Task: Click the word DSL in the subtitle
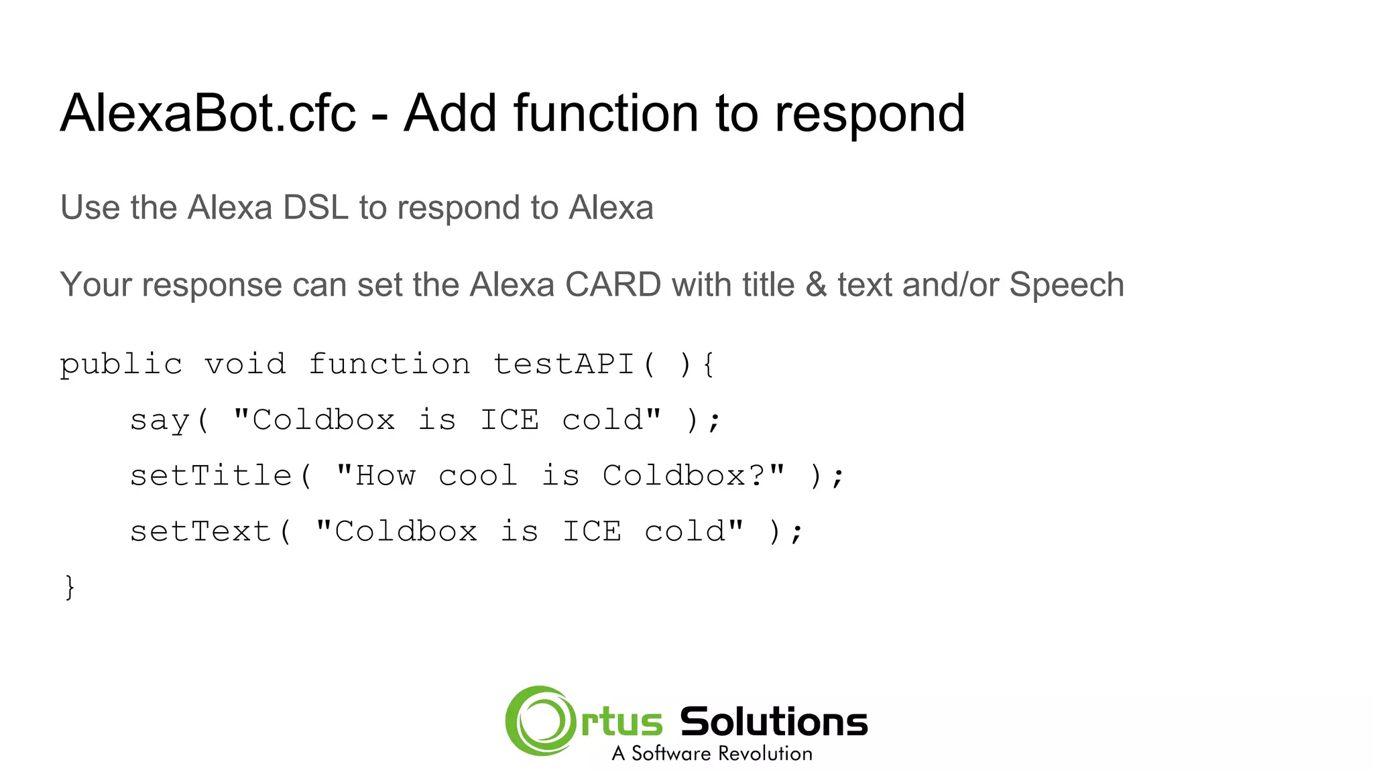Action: pos(315,208)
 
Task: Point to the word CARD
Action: pos(613,285)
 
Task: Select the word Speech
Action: pos(1066,285)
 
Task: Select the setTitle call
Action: pos(211,476)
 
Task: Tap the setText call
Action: pos(200,532)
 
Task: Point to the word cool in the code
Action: pos(477,476)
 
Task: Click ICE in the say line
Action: pos(510,421)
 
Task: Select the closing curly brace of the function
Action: pos(70,587)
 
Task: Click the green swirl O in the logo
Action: pos(540,721)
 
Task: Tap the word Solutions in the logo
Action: pos(774,722)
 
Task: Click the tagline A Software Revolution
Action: pos(712,754)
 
